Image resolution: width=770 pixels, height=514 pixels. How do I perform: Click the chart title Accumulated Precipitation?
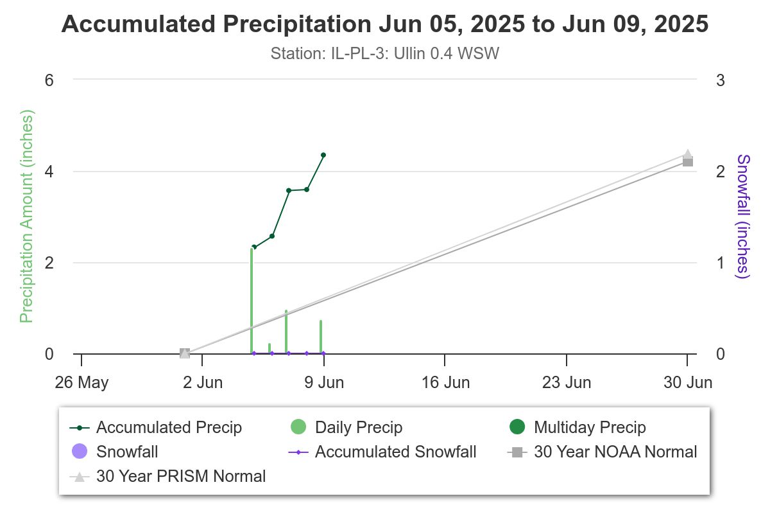click(385, 24)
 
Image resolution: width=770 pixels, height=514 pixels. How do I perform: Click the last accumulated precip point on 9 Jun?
click(323, 155)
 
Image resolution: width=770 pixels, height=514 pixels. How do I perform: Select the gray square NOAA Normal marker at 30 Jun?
click(687, 162)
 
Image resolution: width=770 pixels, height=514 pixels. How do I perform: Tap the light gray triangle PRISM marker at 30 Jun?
click(687, 154)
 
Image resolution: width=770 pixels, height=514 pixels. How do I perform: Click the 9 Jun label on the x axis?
click(324, 383)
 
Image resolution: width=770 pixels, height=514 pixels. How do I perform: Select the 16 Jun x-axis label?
click(445, 383)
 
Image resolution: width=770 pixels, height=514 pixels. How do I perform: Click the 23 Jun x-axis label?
click(567, 383)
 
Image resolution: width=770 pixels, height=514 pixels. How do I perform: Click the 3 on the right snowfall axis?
click(721, 80)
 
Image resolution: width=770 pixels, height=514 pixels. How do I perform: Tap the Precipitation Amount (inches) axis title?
click(26, 217)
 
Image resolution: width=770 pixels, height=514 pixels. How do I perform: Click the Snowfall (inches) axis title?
click(743, 217)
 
